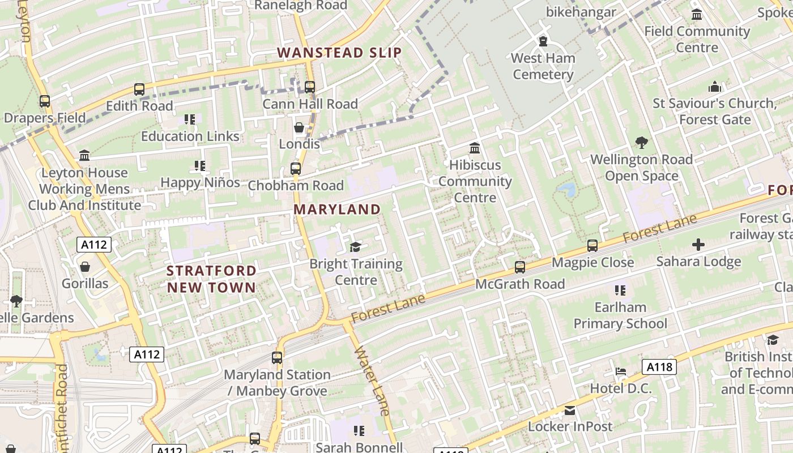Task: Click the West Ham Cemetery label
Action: (543, 66)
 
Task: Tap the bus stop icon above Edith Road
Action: (139, 89)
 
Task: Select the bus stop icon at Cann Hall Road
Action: (309, 87)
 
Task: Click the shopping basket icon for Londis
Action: (299, 128)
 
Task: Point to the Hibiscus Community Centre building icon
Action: (475, 148)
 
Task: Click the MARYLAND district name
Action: (337, 210)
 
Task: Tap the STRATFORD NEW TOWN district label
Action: (211, 279)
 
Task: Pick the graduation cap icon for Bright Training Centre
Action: (355, 247)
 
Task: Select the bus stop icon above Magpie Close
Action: (592, 246)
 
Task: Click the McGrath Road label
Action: (520, 284)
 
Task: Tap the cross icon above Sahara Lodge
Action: (698, 245)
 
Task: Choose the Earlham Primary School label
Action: (620, 315)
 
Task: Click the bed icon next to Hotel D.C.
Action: (621, 372)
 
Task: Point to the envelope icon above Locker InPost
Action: (569, 410)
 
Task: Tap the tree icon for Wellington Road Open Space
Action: (641, 143)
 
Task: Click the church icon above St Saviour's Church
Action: (714, 87)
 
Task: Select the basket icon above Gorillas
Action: (85, 266)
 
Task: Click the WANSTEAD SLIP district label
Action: (339, 53)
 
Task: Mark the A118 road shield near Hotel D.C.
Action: (660, 367)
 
